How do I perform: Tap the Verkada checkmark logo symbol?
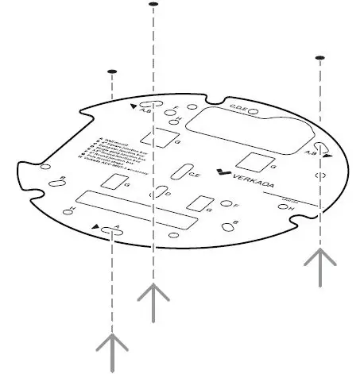point(226,177)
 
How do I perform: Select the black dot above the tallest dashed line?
point(153,5)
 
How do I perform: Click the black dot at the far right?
point(319,58)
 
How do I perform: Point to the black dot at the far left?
point(112,71)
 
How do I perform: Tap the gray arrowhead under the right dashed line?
point(320,260)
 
